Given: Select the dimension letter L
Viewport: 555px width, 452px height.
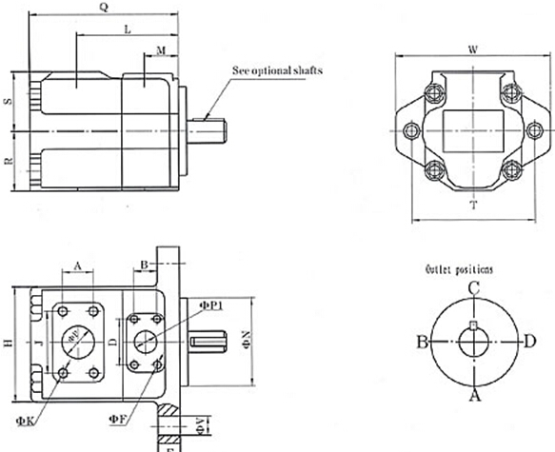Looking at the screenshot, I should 127,30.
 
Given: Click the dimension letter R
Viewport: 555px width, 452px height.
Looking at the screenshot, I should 8,162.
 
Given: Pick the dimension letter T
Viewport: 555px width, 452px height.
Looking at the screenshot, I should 473,206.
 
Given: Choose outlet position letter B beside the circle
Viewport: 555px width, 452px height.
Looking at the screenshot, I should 419,341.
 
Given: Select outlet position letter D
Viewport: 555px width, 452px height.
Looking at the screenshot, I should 529,341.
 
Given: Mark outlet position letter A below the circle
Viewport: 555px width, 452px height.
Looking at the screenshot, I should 473,398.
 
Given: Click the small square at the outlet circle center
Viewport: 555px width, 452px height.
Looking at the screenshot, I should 473,330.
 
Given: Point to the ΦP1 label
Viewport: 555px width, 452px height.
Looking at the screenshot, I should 210,305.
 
